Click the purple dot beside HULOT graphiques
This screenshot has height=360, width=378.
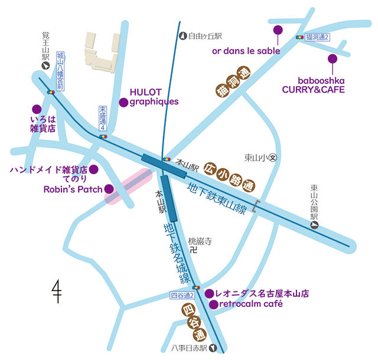click(x=123, y=102)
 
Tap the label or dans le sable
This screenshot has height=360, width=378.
click(x=246, y=50)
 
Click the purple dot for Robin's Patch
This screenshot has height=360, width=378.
click(x=109, y=189)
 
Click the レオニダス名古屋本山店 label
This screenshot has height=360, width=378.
click(x=262, y=293)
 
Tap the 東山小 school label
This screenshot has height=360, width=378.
click(x=256, y=158)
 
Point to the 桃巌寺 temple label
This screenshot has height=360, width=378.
click(x=200, y=241)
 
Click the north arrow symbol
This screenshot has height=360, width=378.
click(x=57, y=290)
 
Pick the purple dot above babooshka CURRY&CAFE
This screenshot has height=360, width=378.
click(x=333, y=58)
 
